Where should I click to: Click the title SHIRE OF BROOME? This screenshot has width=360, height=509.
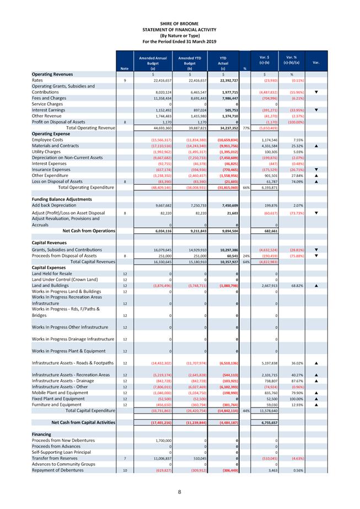click(x=179, y=23)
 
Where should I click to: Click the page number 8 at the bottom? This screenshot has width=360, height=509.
click(x=180, y=491)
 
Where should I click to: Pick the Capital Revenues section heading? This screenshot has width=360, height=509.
click(x=50, y=243)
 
